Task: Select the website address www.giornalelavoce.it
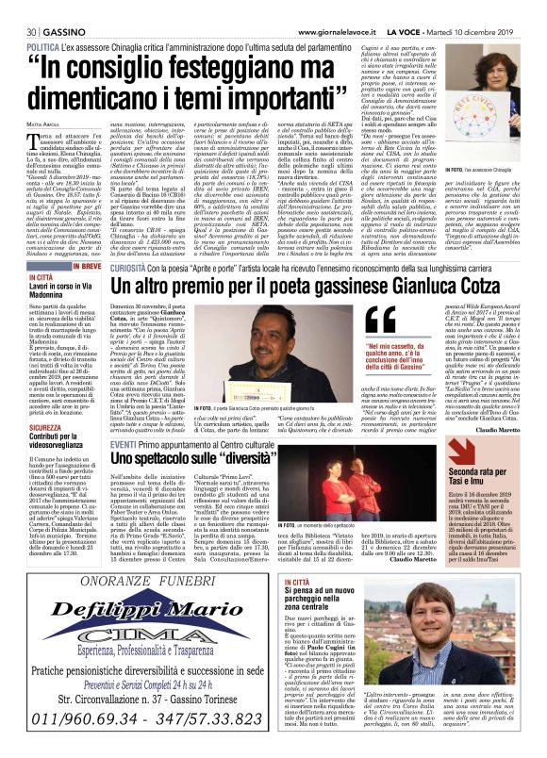[334, 8]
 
